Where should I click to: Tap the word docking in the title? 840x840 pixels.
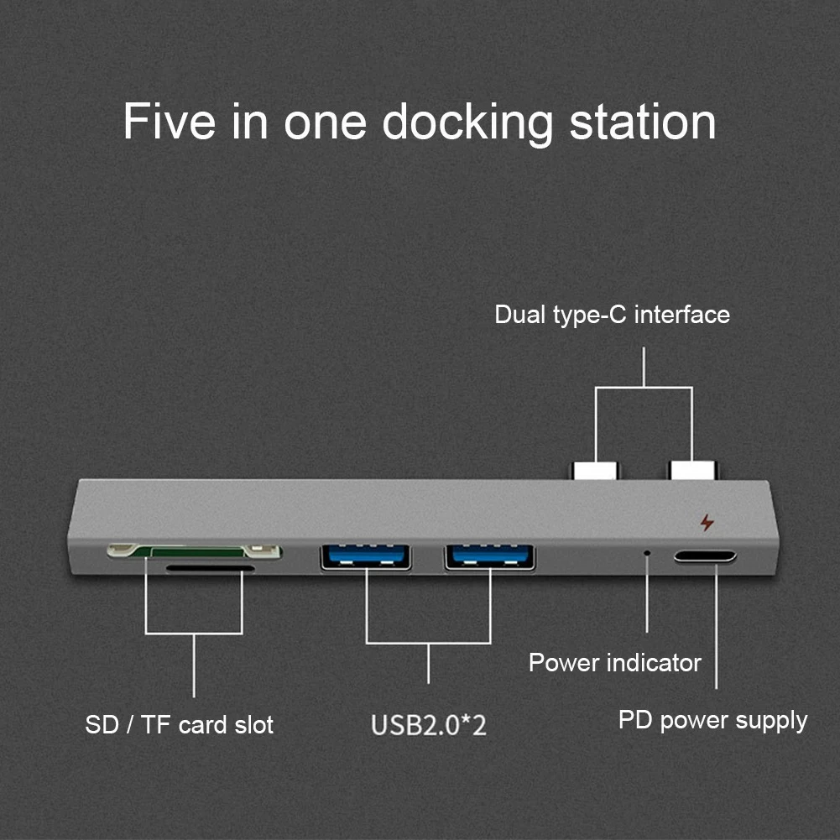tap(467, 123)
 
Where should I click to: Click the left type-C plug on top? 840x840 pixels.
tap(596, 470)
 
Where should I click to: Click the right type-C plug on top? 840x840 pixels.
tap(692, 470)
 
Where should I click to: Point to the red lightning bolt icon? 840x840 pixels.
tap(707, 523)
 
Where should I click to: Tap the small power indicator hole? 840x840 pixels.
tap(646, 554)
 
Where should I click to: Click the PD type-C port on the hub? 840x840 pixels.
tap(705, 556)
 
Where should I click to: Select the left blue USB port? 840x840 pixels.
tap(366, 556)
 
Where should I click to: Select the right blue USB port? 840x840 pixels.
tap(490, 556)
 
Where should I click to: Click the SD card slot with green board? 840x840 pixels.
tap(193, 551)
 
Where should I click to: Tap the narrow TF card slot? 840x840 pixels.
tap(210, 568)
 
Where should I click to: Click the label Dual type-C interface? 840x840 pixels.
tap(612, 315)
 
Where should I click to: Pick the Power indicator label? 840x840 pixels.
tap(614, 663)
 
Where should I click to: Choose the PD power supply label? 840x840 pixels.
tap(712, 720)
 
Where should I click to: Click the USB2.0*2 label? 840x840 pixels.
tap(429, 724)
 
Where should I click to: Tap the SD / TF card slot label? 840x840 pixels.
tap(179, 724)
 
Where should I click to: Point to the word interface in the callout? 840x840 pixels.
tap(681, 315)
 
